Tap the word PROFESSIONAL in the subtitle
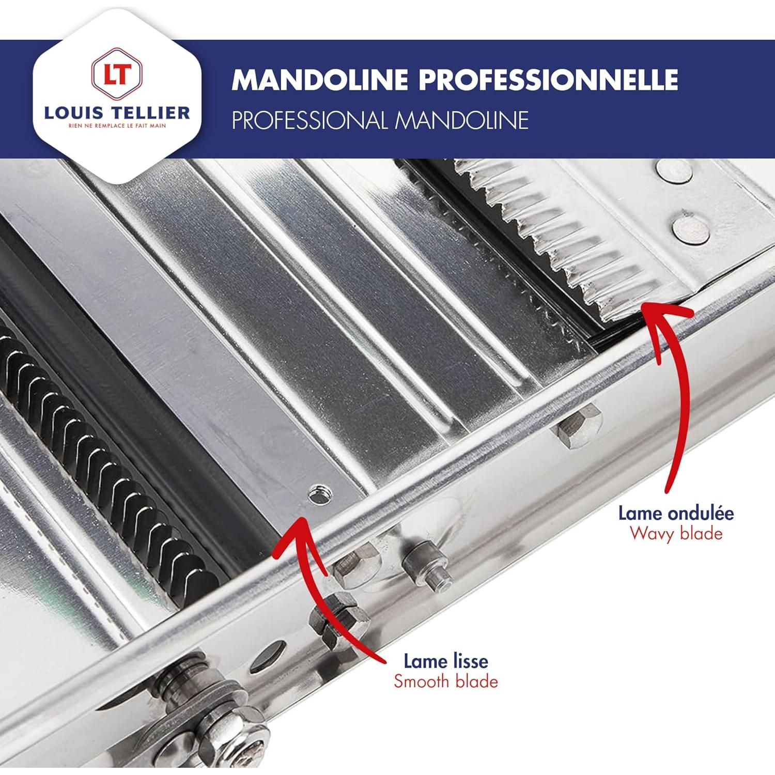(309, 120)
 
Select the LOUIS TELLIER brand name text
(117, 113)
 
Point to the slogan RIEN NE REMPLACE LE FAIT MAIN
(117, 126)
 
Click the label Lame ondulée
(676, 513)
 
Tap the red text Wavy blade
(676, 533)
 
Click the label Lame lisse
(445, 661)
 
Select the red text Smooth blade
(445, 681)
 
